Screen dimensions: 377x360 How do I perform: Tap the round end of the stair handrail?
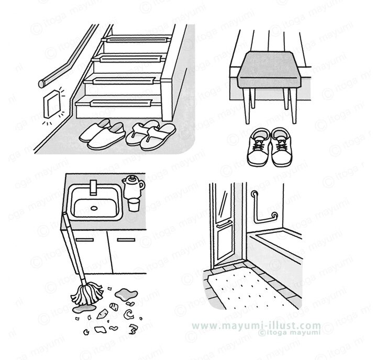(41, 84)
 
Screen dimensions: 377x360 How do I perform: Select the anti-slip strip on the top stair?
(136, 39)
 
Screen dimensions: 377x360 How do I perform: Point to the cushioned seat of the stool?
(270, 70)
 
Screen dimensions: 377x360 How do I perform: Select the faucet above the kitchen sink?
(93, 187)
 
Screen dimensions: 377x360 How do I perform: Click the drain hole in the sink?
(94, 208)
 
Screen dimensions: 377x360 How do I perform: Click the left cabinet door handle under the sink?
(84, 240)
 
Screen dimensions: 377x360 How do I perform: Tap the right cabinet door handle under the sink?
(126, 240)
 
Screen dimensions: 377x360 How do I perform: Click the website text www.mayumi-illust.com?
(256, 325)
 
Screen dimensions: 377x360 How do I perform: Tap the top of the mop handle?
(64, 213)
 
